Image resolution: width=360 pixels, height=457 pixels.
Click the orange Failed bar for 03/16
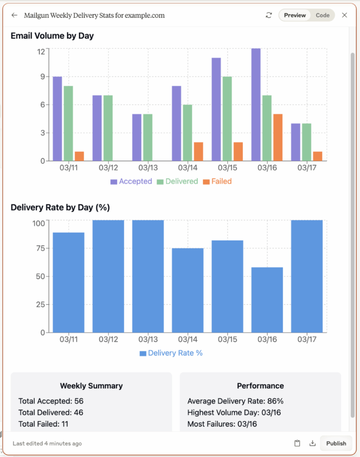[278, 137]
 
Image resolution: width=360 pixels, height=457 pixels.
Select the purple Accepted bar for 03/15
[216, 109]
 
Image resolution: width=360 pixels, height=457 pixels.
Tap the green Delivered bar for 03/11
[68, 123]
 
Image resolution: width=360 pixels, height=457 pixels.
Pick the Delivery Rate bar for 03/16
[267, 300]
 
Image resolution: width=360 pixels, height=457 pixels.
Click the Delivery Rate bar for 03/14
[188, 290]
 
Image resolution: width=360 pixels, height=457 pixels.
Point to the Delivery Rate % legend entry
[171, 353]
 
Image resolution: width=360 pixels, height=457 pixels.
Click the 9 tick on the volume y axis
[42, 77]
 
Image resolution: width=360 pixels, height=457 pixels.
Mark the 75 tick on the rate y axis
[40, 248]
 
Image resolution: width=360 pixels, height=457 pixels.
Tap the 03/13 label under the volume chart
[148, 168]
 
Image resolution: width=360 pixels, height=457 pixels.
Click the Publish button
[336, 443]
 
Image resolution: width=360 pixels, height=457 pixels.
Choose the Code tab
[322, 15]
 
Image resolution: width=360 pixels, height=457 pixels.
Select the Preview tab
[295, 15]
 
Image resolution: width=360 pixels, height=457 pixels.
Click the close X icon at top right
[344, 15]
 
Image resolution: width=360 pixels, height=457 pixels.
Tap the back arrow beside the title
[15, 15]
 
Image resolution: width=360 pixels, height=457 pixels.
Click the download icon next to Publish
[313, 443]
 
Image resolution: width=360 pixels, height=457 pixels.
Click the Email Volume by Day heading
[52, 36]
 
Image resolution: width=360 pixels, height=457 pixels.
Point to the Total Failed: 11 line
[43, 424]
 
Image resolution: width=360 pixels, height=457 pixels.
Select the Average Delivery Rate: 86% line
[235, 401]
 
